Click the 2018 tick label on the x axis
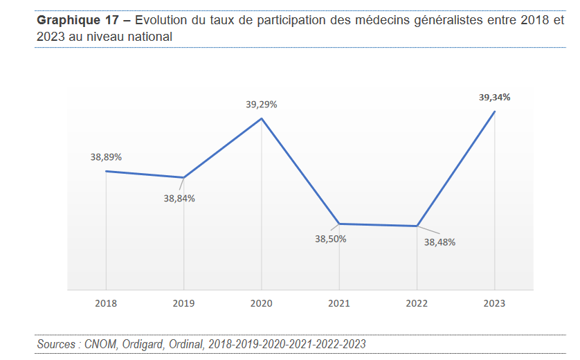[106, 303]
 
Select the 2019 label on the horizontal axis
[183, 303]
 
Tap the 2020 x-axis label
[261, 303]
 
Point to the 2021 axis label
[338, 303]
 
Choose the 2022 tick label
[417, 303]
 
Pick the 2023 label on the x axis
[494, 303]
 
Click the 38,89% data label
[106, 157]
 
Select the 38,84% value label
[179, 199]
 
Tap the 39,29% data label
[262, 105]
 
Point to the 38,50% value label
[331, 239]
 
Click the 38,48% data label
[439, 242]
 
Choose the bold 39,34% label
[494, 98]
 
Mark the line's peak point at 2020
[262, 118]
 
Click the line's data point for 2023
[494, 111]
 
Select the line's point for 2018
[106, 171]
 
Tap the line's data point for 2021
[339, 224]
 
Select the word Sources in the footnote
[57, 344]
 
